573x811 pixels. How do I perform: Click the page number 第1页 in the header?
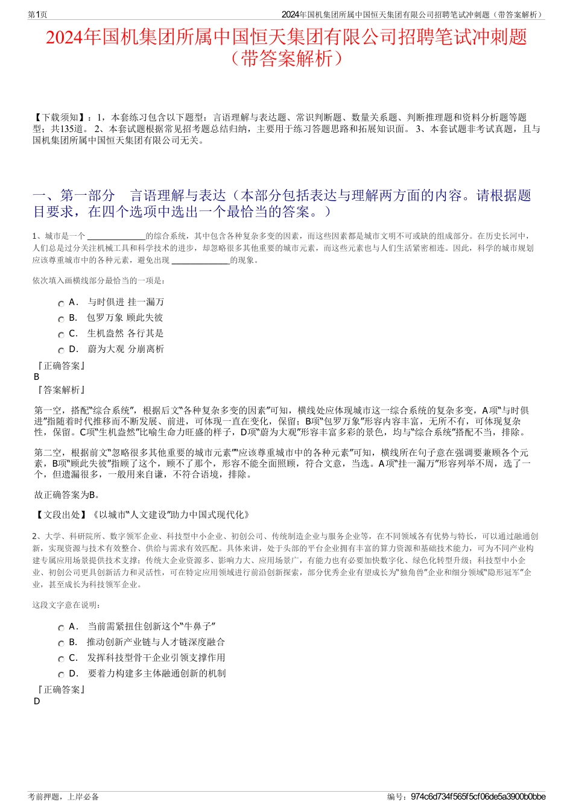[x=37, y=14]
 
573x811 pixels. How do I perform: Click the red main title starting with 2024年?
[x=286, y=37]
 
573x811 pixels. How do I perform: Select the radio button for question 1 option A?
[x=61, y=304]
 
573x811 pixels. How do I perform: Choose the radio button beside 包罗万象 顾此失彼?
[x=61, y=320]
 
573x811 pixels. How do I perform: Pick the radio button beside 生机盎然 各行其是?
[x=61, y=335]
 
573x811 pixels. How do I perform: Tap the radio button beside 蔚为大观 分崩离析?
[x=61, y=351]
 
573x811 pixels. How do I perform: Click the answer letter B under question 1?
[x=37, y=377]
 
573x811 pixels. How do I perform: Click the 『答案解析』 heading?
[x=60, y=390]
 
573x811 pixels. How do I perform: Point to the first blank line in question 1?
[x=116, y=236]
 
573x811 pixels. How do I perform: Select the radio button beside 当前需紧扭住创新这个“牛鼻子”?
[x=61, y=628]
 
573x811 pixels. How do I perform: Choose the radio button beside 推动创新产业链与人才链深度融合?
[x=61, y=644]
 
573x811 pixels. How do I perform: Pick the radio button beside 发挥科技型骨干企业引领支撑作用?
[x=61, y=660]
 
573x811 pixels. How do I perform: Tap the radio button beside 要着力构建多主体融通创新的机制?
[x=61, y=675]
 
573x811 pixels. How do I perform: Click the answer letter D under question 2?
[x=37, y=701]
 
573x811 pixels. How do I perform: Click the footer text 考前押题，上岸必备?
[x=63, y=797]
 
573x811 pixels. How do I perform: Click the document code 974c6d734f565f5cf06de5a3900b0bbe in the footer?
[x=478, y=797]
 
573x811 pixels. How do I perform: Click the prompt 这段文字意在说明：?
[x=67, y=605]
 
